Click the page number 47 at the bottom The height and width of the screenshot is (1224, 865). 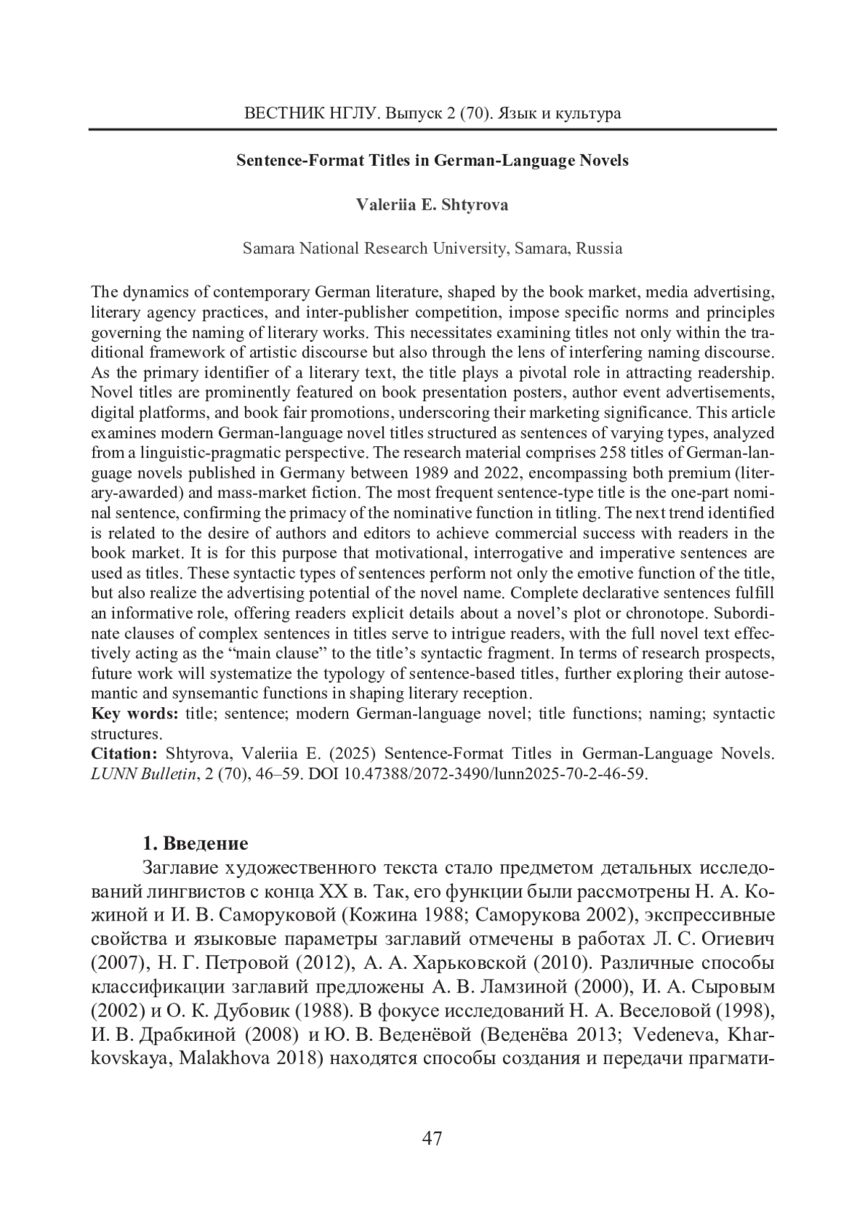pos(432,1138)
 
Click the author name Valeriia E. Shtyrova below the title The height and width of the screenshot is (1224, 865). pos(432,205)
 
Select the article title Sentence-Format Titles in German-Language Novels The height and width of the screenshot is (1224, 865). pos(432,161)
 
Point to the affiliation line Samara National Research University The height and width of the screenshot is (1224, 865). pos(432,249)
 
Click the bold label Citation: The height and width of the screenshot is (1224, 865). pos(124,754)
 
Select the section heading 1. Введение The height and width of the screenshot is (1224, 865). pos(195,843)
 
